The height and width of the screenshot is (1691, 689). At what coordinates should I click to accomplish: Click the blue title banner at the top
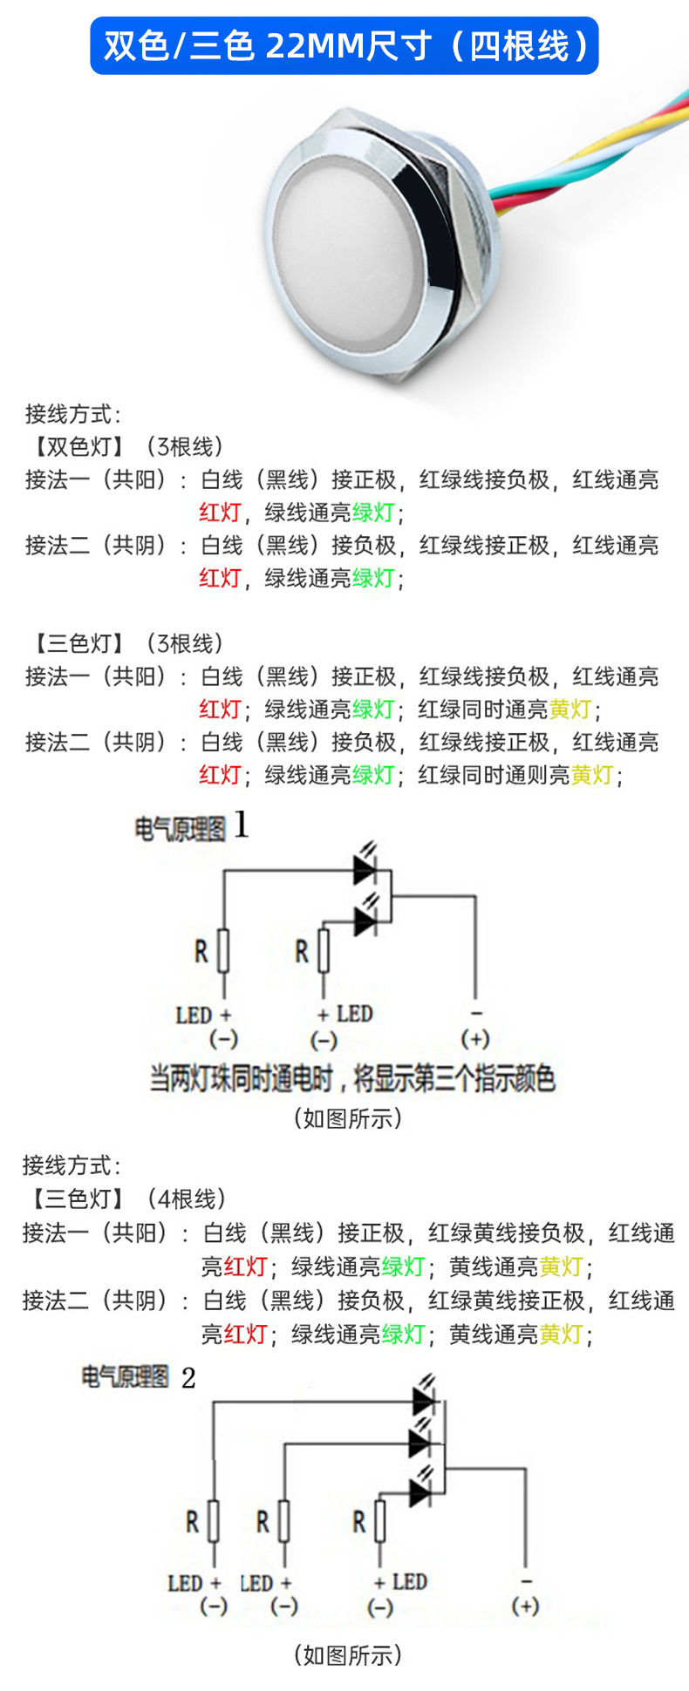pos(344,45)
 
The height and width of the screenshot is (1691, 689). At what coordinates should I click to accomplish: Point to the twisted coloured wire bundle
pos(602,153)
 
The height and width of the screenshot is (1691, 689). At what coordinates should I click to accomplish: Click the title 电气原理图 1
pos(191,826)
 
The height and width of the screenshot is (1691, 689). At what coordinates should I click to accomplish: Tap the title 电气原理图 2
pos(138,1378)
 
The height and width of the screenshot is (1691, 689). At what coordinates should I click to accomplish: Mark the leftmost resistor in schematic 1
pos(223,951)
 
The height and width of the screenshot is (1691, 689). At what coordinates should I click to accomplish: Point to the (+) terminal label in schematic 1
pos(475,1039)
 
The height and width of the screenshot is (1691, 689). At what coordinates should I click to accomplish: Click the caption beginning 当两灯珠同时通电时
pos(352,1079)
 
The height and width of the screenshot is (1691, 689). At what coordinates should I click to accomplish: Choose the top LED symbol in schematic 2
pos(423,1401)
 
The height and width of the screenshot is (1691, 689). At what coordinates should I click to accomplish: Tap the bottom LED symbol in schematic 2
pos(420,1494)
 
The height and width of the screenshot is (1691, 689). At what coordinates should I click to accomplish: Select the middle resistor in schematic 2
pos(283,1522)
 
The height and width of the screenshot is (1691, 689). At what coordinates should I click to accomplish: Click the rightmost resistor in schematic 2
pos(379,1522)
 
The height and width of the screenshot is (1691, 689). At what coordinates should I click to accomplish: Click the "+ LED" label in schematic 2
pos(400,1582)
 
